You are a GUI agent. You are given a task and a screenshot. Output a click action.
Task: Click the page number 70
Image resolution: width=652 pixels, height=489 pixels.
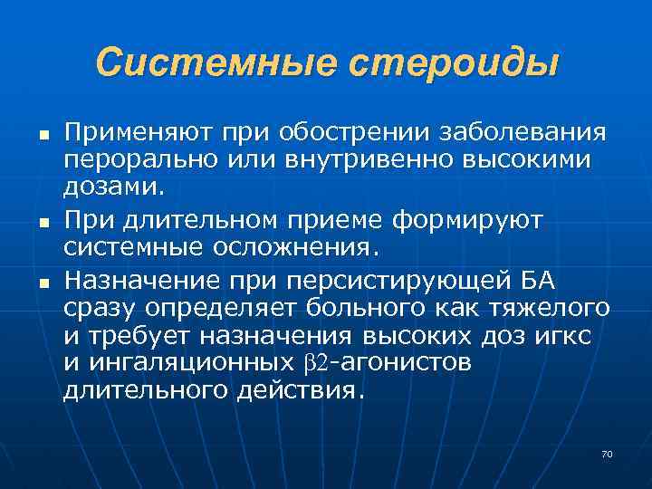pyautogui.click(x=607, y=453)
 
